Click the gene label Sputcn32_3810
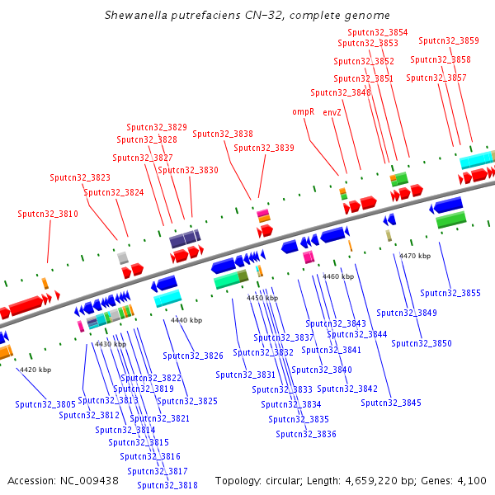pyautogui.click(x=48, y=214)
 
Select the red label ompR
pyautogui.click(x=304, y=111)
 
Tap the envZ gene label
pyautogui.click(x=332, y=111)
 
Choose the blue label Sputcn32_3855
pyautogui.click(x=450, y=293)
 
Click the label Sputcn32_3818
pyautogui.click(x=167, y=485)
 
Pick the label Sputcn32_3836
pyautogui.click(x=306, y=434)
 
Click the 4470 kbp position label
pyautogui.click(x=415, y=257)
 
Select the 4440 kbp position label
pyautogui.click(x=186, y=320)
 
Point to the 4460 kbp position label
pyautogui.click(x=338, y=277)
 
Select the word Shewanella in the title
pyautogui.click(x=136, y=16)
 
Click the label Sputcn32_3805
pyautogui.click(x=45, y=404)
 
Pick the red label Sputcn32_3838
pyautogui.click(x=223, y=134)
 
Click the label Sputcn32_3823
pyautogui.click(x=80, y=177)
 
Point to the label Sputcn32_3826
pyautogui.click(x=193, y=356)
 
